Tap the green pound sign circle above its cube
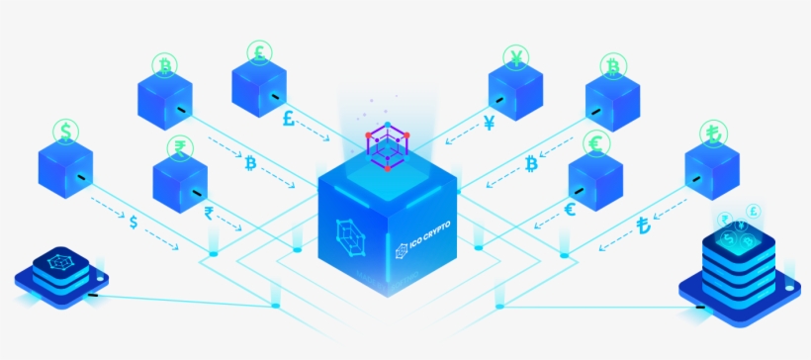click(x=260, y=51)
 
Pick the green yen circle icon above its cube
click(x=516, y=56)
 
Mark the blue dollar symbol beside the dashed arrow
click(x=134, y=221)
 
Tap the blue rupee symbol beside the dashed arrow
click(x=209, y=211)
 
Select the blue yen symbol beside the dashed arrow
click(x=490, y=123)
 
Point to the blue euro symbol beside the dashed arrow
click(x=570, y=209)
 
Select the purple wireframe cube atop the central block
click(x=388, y=145)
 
